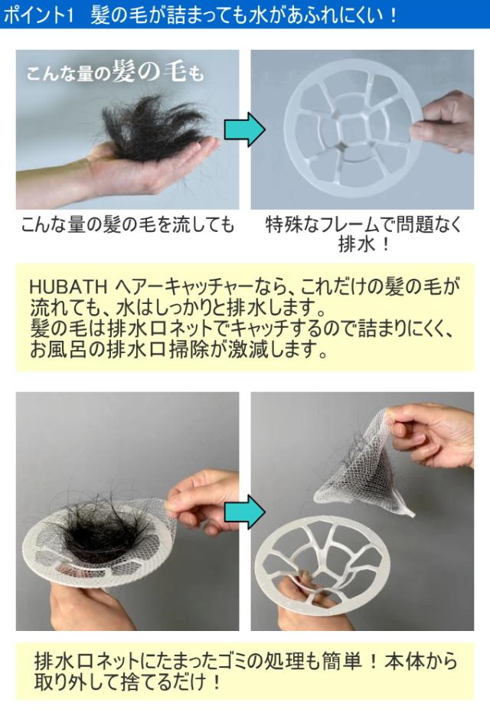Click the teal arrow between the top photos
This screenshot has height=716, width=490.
244,129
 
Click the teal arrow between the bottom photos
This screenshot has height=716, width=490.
244,512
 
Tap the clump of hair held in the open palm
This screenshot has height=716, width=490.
153,128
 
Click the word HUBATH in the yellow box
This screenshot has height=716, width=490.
67,286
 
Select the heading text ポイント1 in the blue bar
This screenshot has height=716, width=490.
38,15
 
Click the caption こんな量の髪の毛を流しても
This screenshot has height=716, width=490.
127,224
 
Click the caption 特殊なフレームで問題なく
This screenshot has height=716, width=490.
364,224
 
